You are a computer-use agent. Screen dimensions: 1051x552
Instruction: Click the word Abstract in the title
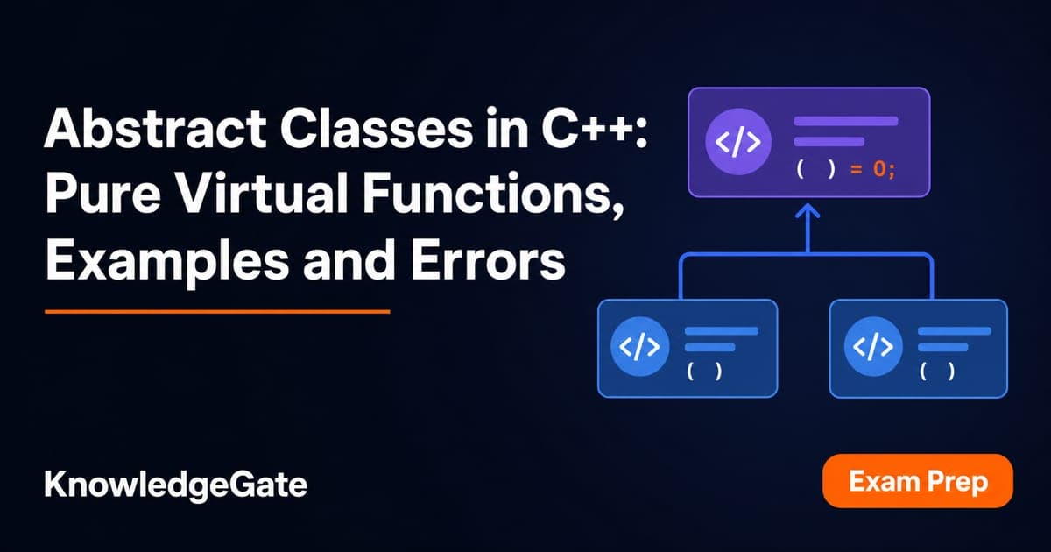[155, 128]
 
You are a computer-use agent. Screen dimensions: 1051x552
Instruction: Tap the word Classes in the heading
[377, 128]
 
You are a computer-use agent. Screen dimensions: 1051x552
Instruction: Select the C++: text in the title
[594, 128]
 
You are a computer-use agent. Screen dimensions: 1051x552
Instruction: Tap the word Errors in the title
[489, 260]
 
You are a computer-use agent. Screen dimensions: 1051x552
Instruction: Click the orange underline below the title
[217, 311]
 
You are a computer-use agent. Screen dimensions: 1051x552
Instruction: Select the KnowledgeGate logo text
[175, 485]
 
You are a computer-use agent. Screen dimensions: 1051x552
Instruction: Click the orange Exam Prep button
[918, 481]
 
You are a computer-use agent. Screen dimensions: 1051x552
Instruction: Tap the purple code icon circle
[738, 142]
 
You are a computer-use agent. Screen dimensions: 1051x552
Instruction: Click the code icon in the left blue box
[639, 346]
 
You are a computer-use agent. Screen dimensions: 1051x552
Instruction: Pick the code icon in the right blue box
[872, 346]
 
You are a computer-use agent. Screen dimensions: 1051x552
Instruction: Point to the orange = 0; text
[872, 168]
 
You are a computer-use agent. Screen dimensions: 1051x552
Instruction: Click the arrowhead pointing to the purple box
[808, 210]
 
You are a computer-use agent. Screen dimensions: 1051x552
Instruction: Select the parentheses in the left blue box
[704, 372]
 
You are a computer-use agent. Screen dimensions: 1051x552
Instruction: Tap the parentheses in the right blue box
[937, 372]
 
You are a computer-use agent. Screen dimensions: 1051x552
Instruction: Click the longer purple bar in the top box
[846, 121]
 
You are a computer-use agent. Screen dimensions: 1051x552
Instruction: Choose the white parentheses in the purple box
[816, 168]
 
